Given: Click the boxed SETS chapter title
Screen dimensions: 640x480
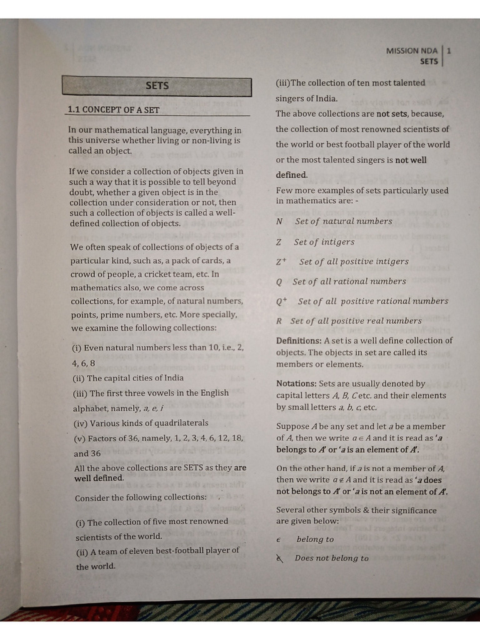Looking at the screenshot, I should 157,86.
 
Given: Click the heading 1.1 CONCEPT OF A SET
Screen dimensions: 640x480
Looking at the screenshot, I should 113,110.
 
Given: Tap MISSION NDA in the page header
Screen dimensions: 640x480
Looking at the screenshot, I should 412,51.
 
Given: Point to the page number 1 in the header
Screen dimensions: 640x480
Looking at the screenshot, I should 449,51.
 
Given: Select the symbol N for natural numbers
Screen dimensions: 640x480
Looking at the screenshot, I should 279,221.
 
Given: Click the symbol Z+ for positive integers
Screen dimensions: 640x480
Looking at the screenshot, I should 281,262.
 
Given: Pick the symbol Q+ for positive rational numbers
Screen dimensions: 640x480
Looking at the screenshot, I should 281,301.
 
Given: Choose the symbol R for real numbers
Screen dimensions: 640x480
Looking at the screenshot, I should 279,321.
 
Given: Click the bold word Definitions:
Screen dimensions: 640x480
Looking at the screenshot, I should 299,341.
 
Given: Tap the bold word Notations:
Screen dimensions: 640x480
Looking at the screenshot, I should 296,384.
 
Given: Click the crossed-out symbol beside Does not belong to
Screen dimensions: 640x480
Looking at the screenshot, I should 279,559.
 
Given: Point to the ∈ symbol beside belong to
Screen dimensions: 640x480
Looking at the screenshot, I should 279,539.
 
